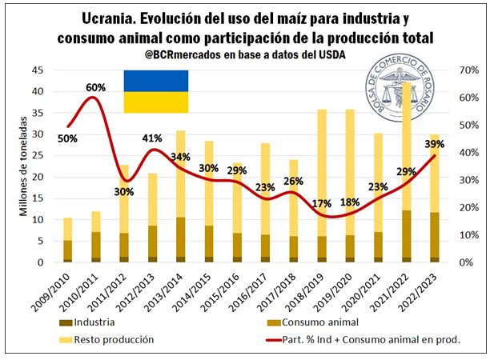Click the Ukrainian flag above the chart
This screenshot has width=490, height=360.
click(155, 91)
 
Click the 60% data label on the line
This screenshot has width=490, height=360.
click(96, 86)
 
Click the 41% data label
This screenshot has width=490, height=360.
click(152, 138)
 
